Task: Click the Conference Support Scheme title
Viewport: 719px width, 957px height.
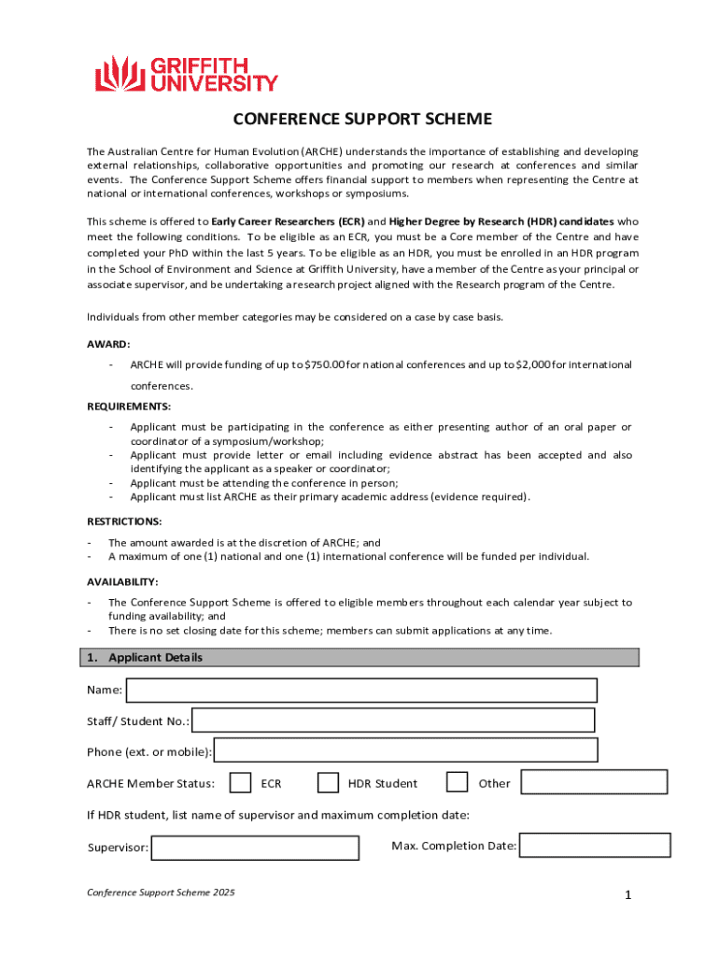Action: [x=362, y=120]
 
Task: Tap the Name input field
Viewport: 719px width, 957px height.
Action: [x=361, y=690]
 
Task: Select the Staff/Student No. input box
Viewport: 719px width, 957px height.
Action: [x=393, y=721]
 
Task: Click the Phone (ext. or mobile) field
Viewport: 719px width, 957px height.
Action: [x=406, y=750]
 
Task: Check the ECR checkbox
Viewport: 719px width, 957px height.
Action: [x=240, y=782]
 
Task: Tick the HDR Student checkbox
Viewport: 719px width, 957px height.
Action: [x=328, y=782]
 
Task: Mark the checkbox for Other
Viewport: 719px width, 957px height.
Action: [x=457, y=782]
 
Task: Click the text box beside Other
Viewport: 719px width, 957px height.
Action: [x=594, y=782]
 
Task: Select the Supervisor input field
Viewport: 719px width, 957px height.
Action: [x=255, y=848]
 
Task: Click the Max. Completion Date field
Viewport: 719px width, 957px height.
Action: [x=595, y=845]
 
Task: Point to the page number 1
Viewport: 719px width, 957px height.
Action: [x=629, y=896]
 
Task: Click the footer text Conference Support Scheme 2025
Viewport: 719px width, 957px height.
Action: [x=161, y=893]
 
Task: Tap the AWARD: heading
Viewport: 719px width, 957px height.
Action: [x=108, y=344]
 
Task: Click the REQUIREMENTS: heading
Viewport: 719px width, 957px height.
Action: [x=128, y=407]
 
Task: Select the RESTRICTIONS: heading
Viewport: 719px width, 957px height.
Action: [x=124, y=521]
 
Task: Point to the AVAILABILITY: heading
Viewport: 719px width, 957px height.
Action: [x=122, y=581]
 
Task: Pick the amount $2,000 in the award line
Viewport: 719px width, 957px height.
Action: [x=532, y=364]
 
